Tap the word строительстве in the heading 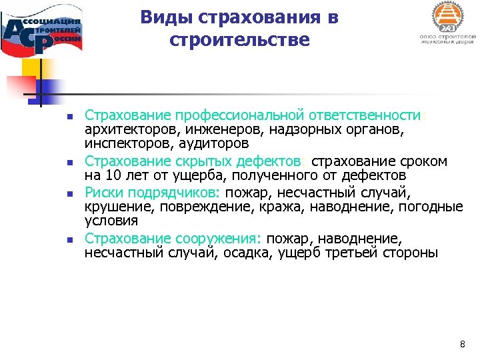click(239, 40)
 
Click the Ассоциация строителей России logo click(43, 30)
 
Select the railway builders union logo click(446, 24)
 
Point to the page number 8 click(463, 344)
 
